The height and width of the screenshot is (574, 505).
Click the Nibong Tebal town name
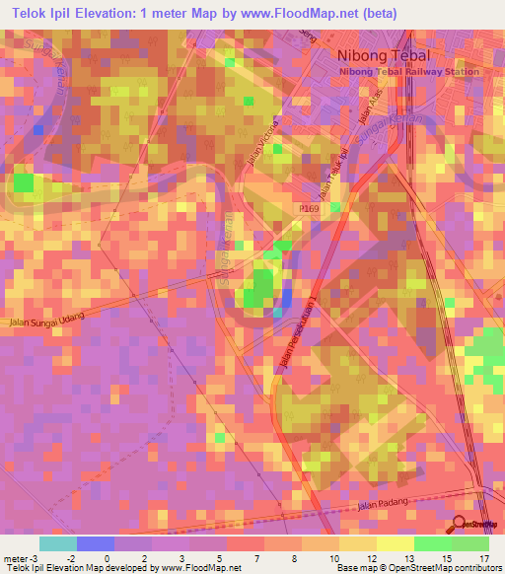point(386,56)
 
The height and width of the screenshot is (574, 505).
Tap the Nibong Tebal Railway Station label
point(409,72)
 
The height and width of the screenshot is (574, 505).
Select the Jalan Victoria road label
point(259,147)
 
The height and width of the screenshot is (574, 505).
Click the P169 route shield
point(307,210)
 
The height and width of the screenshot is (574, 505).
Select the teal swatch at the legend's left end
point(57,543)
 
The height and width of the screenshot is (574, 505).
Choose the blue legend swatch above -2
point(95,543)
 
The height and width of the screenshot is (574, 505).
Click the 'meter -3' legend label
point(21,557)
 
